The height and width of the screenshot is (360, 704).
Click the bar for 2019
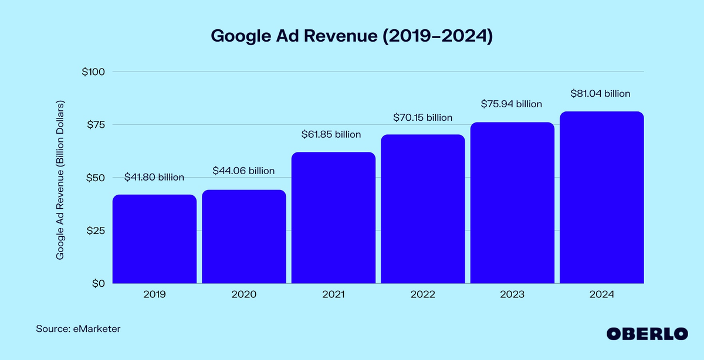pos(154,239)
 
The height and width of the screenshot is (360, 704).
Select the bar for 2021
pos(333,218)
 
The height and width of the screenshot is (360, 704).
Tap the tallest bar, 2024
pos(601,198)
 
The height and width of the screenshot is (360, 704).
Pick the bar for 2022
pos(422,209)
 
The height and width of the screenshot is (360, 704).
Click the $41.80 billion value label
pos(154,177)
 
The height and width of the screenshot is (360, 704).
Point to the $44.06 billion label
pos(244,171)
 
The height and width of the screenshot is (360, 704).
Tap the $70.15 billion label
pos(422,118)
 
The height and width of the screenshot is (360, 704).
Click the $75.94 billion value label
pos(512,104)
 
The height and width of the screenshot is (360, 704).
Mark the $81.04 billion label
pos(600,93)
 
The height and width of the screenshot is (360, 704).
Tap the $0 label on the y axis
pos(97,283)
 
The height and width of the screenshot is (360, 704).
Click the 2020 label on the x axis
pos(244,295)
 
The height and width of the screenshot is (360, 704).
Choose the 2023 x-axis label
pos(512,295)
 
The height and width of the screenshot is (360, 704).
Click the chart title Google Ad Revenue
pos(351,36)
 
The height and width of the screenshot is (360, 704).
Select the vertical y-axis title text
pos(60,181)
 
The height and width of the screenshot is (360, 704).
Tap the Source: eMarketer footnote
pos(78,329)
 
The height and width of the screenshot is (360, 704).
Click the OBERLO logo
pos(647,333)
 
